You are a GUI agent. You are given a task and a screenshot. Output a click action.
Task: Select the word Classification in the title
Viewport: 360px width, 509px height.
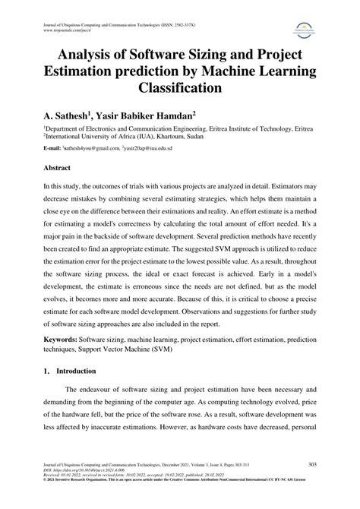pyautogui.click(x=179, y=87)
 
